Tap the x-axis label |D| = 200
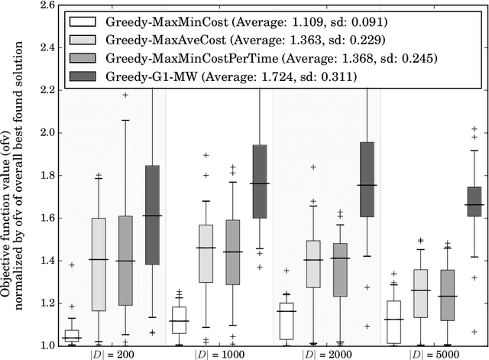tap(112, 354)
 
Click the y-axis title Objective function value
tap(11, 176)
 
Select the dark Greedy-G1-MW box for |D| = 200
tap(152, 215)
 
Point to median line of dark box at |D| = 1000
tap(260, 183)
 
